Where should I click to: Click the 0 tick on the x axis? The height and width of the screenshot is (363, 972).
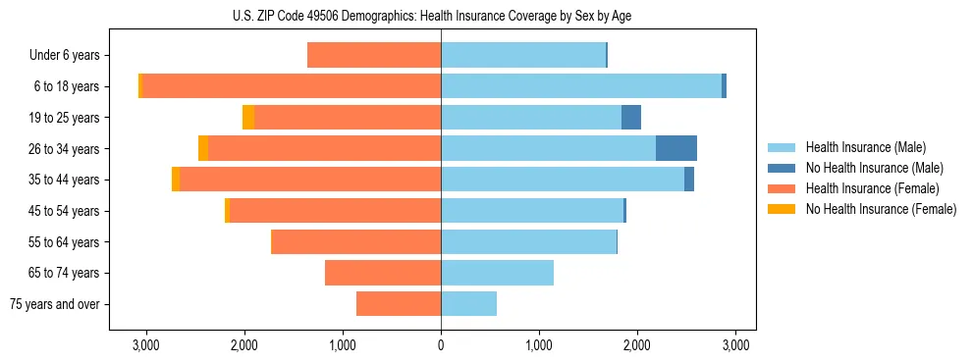[441, 345]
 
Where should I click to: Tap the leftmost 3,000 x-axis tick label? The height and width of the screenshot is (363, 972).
[145, 345]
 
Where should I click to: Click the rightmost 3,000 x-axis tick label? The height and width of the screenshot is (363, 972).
[736, 345]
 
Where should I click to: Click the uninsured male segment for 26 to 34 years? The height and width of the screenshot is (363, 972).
[676, 148]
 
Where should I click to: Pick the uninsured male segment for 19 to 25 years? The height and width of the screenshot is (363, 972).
[631, 118]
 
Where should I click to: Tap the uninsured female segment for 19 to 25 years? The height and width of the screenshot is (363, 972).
[248, 118]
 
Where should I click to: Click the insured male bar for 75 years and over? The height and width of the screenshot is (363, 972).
[468, 304]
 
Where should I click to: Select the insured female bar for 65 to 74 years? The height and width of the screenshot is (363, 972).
[383, 273]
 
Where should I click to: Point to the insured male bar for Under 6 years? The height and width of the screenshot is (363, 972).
[523, 55]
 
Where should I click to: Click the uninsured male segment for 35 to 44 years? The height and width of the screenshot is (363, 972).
[689, 180]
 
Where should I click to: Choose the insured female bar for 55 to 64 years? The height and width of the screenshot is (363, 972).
[355, 241]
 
